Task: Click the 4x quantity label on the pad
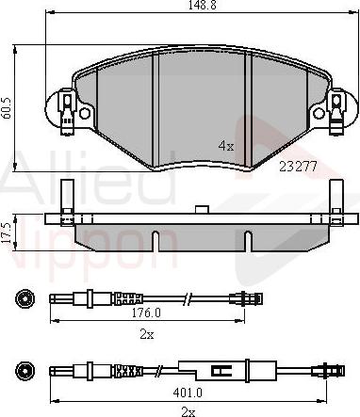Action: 225,146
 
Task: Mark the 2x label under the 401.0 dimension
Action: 188,410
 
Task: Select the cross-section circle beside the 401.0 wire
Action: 25,369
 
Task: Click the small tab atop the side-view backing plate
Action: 201,210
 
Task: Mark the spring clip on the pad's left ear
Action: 67,107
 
